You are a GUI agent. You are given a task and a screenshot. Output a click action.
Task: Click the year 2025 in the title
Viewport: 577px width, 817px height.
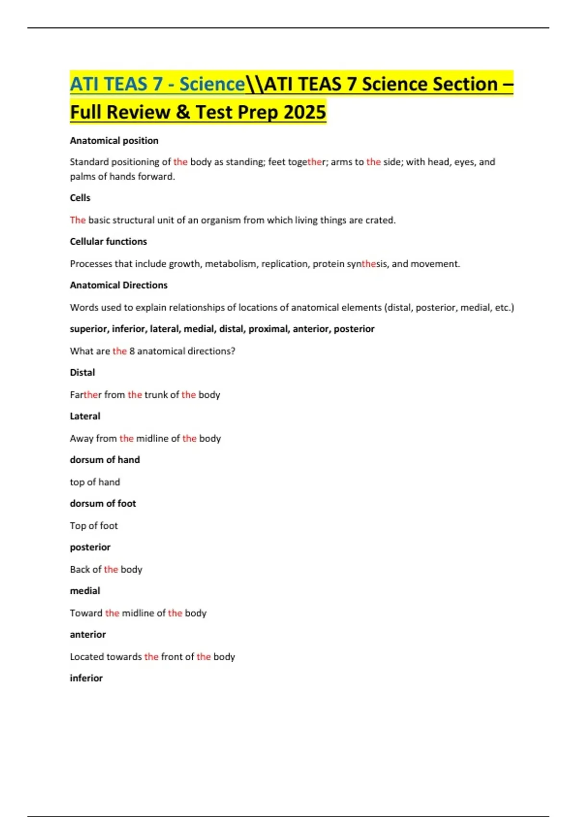(305, 112)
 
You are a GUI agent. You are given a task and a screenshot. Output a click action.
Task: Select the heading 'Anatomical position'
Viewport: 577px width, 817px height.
(114, 140)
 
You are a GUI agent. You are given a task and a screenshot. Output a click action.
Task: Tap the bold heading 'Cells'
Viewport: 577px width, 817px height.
(80, 198)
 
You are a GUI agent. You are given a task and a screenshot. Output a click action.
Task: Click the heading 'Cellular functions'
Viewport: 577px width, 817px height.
(108, 241)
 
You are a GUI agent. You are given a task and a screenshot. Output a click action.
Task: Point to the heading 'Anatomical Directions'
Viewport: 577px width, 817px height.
(118, 285)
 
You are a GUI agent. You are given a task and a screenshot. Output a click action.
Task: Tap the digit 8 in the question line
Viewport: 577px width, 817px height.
(132, 351)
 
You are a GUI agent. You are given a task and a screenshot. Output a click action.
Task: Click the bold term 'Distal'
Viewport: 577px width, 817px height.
(82, 372)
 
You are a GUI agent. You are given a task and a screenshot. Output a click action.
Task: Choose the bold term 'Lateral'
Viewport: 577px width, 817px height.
(85, 416)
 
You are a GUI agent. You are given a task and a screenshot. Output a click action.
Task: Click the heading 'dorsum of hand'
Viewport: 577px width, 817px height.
(105, 460)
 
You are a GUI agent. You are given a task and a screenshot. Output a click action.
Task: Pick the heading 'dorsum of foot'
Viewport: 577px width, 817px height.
(103, 504)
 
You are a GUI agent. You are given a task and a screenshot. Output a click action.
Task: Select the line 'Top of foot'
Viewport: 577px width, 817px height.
(94, 526)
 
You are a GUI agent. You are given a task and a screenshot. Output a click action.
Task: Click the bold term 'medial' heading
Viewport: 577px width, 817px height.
(85, 591)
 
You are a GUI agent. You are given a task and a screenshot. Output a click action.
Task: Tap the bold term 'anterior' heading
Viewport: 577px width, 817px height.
(88, 635)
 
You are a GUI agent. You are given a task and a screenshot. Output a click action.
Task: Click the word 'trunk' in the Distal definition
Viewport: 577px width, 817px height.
(156, 395)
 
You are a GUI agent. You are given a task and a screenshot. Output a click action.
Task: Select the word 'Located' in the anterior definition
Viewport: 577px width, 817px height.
(87, 657)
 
